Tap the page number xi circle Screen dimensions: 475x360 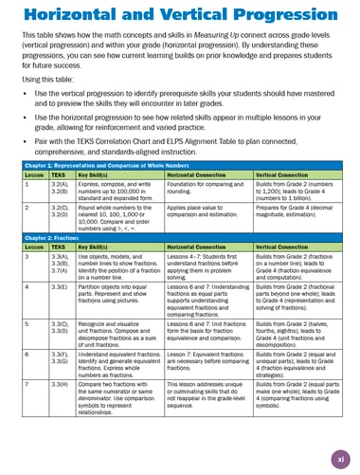pyautogui.click(x=339, y=459)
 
